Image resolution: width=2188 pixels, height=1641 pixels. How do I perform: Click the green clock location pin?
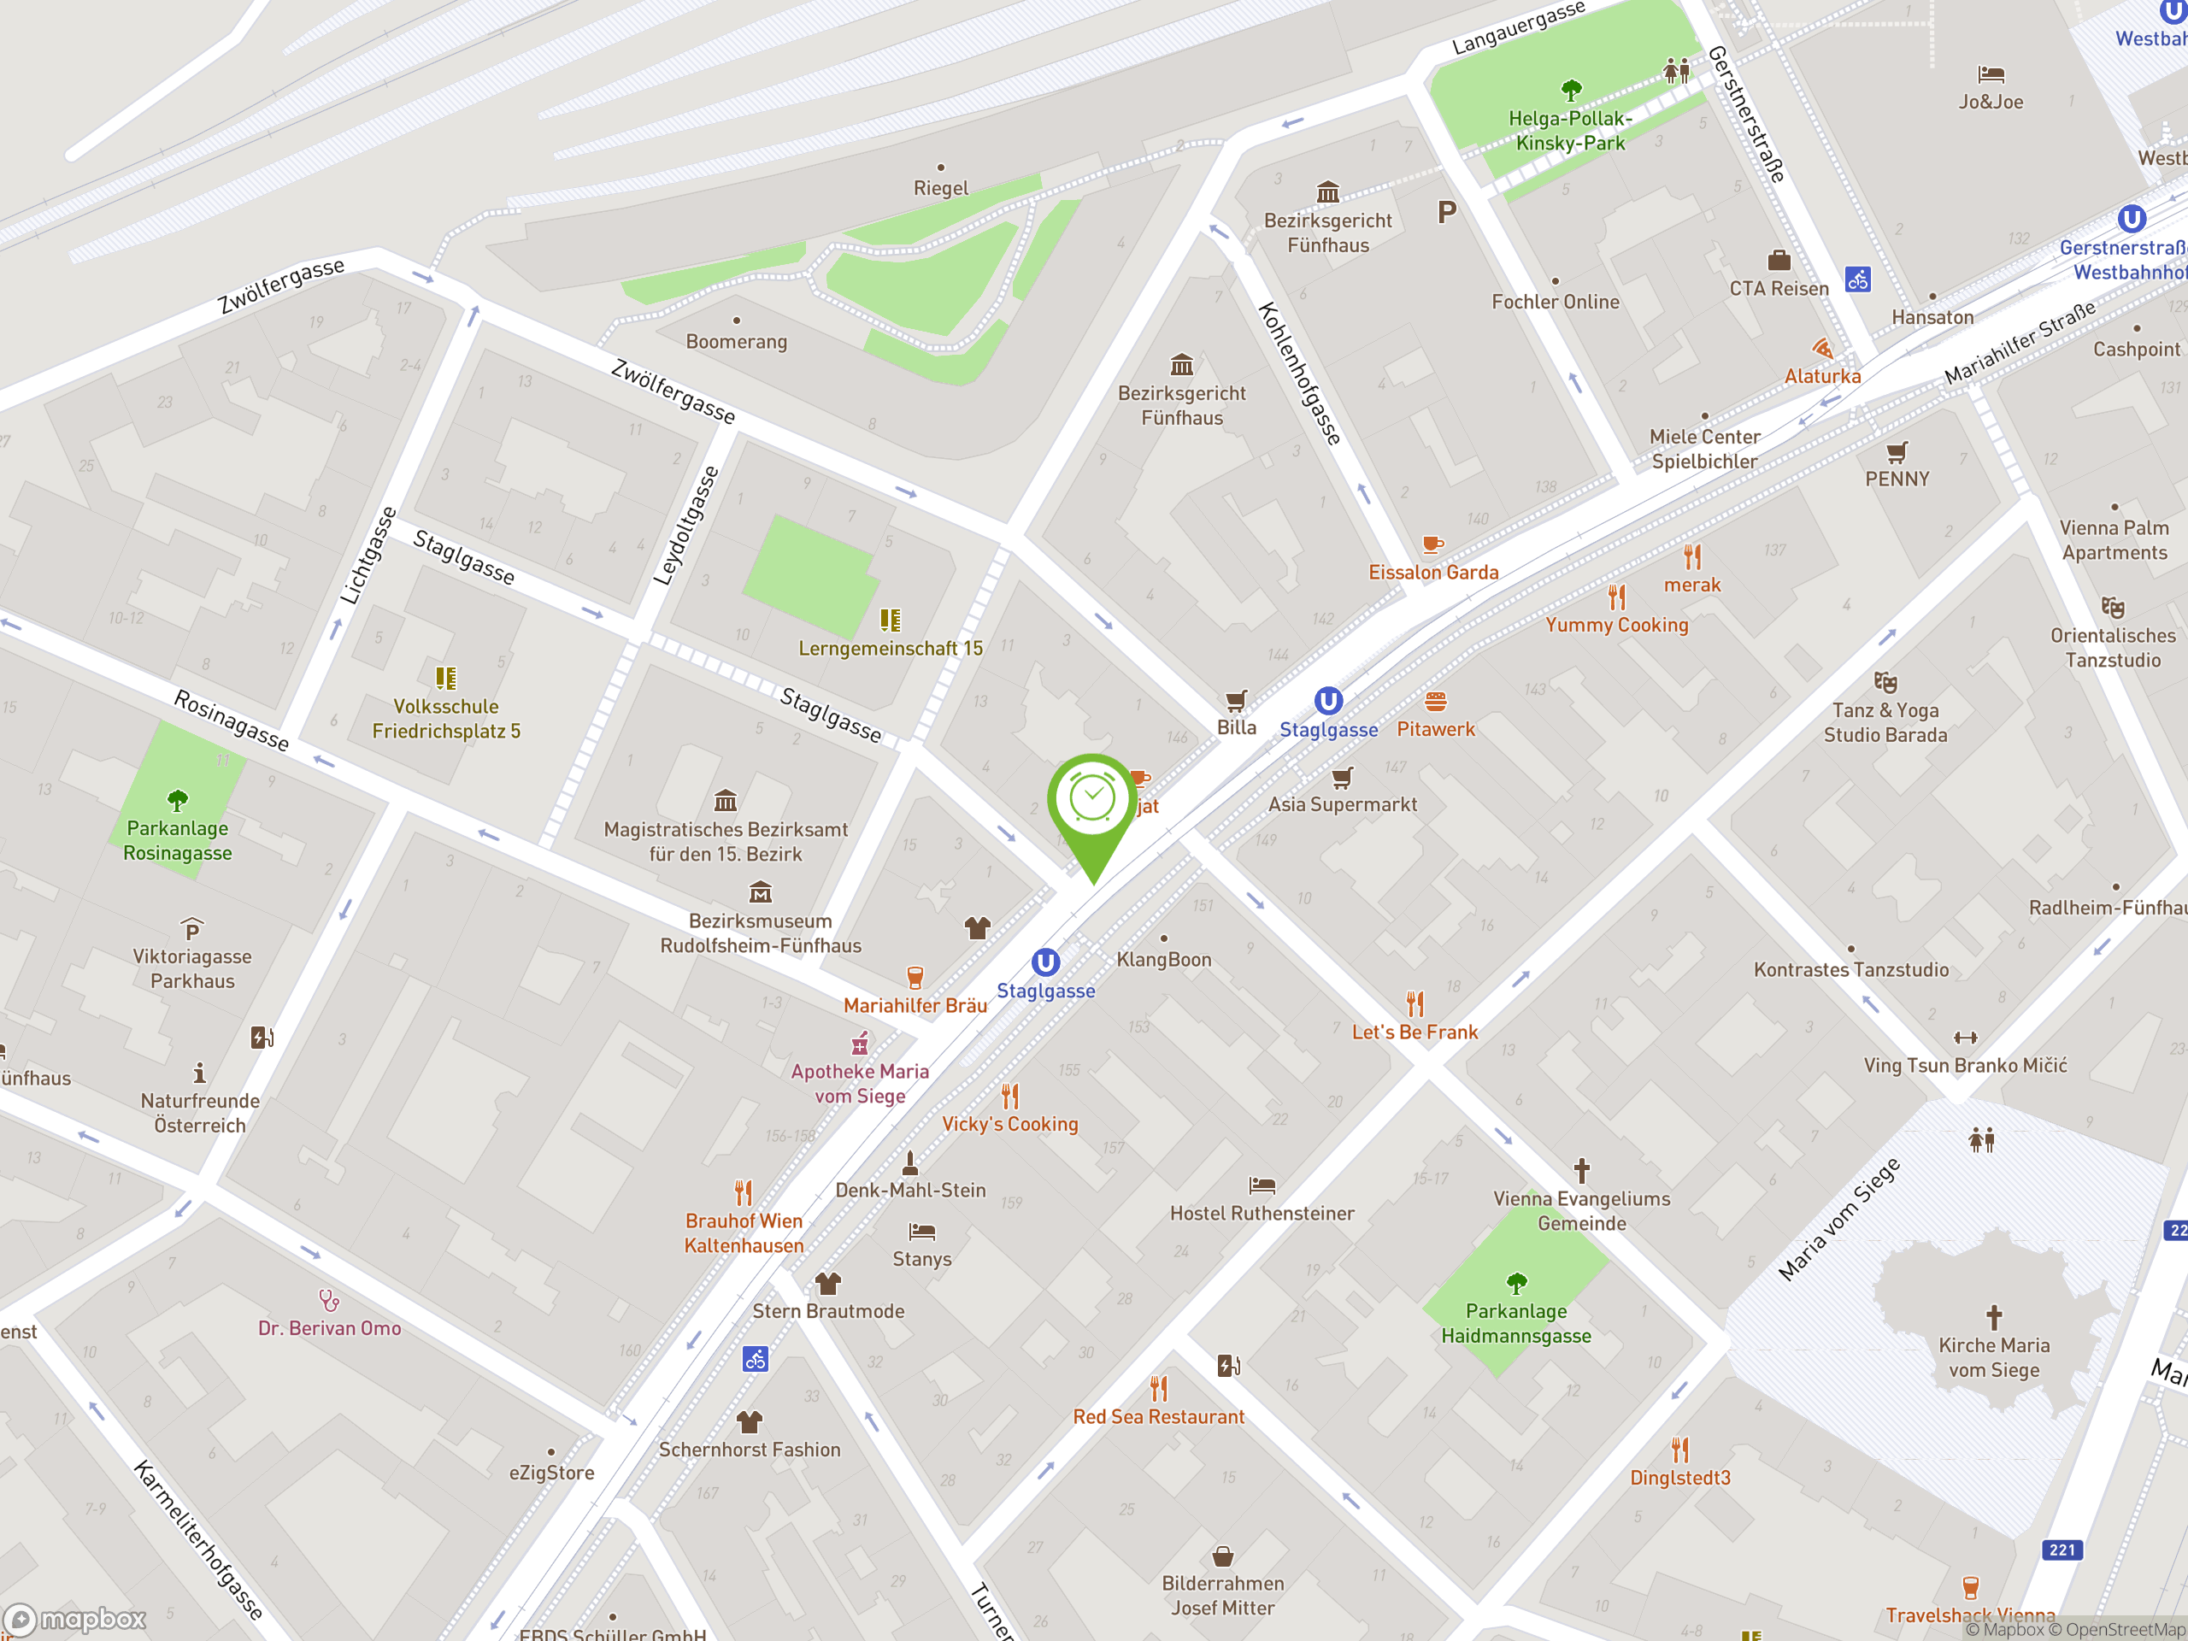[1093, 801]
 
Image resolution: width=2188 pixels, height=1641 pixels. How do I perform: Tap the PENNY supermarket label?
[1897, 479]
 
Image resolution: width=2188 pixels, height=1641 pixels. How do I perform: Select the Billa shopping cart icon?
[1235, 702]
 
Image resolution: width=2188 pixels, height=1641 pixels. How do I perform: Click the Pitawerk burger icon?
[1435, 703]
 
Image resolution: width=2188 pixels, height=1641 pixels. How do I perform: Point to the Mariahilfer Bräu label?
[915, 1005]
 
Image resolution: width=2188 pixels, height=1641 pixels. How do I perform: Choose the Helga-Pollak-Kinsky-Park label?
[1570, 131]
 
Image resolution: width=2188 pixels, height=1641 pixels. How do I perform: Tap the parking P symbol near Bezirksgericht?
[1446, 212]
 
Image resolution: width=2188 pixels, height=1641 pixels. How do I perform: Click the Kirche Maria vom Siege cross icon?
[1993, 1316]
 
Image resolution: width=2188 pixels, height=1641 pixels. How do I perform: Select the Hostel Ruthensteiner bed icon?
[1262, 1185]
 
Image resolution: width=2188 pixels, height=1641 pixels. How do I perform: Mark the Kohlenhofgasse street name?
[1299, 373]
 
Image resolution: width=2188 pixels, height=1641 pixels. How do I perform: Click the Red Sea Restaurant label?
[1158, 1416]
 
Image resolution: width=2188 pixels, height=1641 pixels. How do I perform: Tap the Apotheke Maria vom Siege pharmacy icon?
[860, 1044]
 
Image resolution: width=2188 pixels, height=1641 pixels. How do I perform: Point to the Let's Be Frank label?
[1415, 1032]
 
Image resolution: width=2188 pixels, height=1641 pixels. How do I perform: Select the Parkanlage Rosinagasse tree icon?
[177, 799]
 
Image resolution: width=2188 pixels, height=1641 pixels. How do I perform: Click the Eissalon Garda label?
[1433, 572]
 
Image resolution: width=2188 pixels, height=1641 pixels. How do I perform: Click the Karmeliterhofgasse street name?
[197, 1539]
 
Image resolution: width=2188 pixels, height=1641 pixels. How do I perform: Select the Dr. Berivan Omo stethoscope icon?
[329, 1300]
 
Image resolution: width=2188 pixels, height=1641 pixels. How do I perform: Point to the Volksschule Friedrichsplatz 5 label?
[445, 719]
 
